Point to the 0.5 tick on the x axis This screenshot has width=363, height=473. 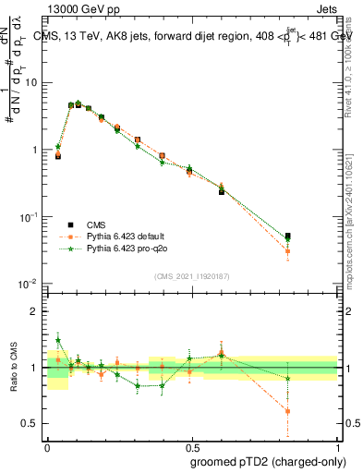[192, 443]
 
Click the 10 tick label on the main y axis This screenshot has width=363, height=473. [30, 83]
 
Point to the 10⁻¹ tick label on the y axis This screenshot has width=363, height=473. [29, 216]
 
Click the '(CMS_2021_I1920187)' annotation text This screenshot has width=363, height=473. [191, 276]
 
